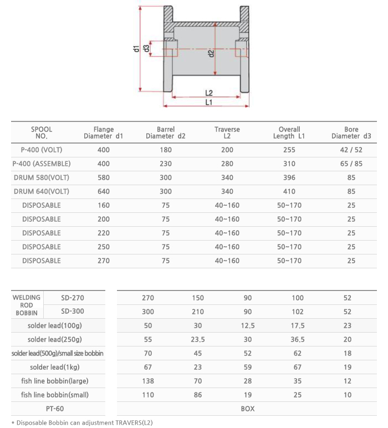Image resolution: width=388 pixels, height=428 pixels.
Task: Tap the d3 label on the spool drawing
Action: click(x=146, y=48)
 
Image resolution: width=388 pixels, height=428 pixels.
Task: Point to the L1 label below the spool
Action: click(x=209, y=103)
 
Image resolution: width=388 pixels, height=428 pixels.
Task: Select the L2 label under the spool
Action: click(x=209, y=93)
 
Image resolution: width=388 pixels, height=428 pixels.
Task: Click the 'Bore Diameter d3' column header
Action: click(x=351, y=133)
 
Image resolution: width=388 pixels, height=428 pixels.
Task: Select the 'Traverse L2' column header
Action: click(x=227, y=133)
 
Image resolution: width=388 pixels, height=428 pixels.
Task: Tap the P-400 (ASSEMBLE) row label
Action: click(x=42, y=164)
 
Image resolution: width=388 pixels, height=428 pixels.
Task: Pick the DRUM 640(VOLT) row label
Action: click(x=42, y=191)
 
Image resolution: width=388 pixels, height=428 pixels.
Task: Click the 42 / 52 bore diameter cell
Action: click(x=351, y=150)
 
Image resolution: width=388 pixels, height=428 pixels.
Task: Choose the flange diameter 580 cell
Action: click(x=104, y=177)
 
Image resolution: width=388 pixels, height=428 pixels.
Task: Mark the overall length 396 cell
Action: click(x=289, y=177)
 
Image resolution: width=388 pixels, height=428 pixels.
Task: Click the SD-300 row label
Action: click(x=73, y=311)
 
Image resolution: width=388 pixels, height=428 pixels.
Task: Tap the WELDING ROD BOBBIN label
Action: click(x=27, y=305)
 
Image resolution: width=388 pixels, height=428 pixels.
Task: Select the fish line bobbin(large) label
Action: click(x=55, y=381)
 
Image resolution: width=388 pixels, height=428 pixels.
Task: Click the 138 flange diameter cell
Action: click(x=148, y=381)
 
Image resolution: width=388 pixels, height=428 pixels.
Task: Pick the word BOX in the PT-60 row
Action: click(x=248, y=409)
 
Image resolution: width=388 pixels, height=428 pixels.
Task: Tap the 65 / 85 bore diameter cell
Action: click(x=351, y=164)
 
